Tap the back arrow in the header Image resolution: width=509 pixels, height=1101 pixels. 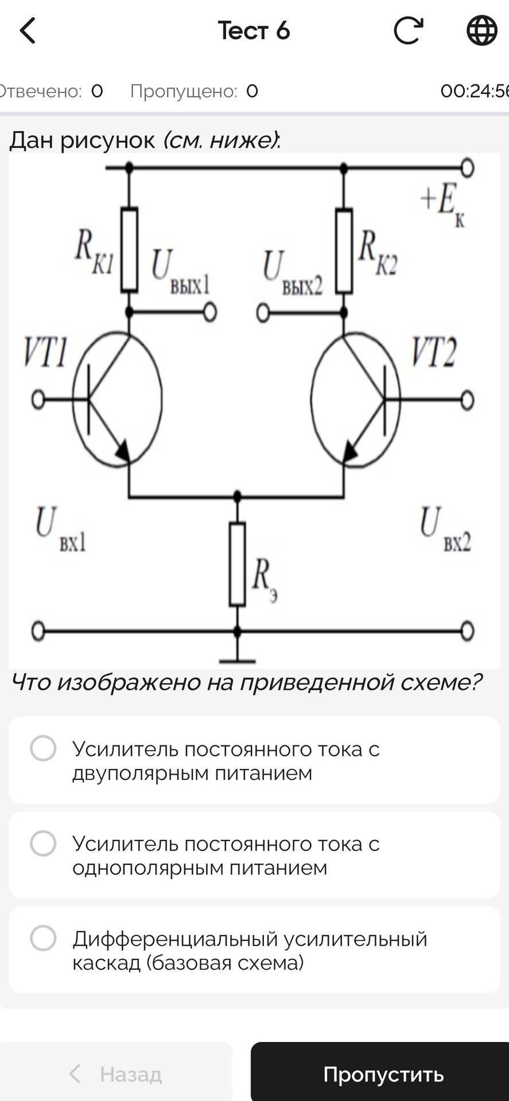point(27,30)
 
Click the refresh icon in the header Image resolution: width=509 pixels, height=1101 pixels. point(408,30)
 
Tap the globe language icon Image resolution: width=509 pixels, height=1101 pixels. point(481,30)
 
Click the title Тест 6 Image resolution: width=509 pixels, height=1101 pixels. point(254,30)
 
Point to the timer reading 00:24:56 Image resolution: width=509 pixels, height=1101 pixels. point(475,91)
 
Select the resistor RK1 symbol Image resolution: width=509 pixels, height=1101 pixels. point(129,250)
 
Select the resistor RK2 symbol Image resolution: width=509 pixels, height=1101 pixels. point(344,251)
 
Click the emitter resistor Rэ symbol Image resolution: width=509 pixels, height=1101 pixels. point(237,564)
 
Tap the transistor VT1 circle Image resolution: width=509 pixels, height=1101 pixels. point(161,399)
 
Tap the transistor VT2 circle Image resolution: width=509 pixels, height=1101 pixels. point(312,399)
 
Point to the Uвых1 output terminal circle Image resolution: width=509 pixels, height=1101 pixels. point(211,313)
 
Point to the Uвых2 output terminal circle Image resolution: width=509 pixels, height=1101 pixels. point(263,313)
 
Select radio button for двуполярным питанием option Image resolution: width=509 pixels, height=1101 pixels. point(43,748)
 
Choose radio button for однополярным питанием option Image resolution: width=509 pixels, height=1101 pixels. point(43,844)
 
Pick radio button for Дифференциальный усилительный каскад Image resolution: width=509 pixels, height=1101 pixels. point(43,938)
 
